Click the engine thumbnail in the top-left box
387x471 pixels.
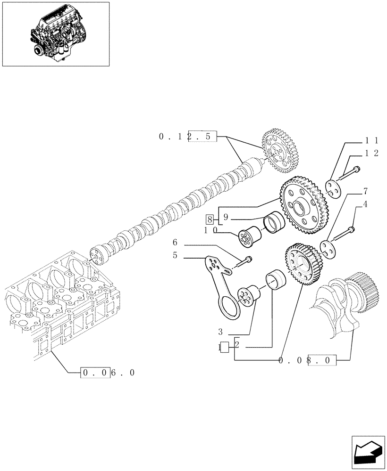click(56, 34)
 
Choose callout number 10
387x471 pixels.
click(210, 230)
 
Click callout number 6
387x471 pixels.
click(175, 242)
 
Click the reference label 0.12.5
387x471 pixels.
click(188, 137)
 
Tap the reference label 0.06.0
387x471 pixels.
click(109, 372)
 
